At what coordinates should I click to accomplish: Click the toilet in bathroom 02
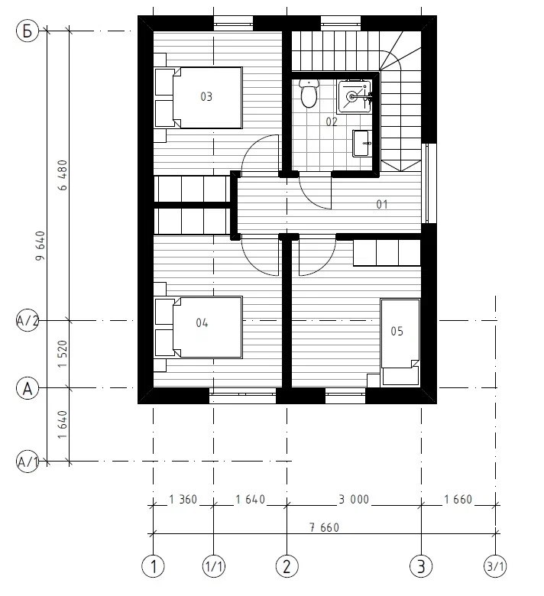click(x=309, y=93)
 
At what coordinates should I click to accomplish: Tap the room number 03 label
click(x=206, y=96)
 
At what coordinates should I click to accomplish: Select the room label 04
click(x=202, y=322)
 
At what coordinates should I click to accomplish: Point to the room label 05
click(x=397, y=331)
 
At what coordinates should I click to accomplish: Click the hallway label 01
click(x=382, y=205)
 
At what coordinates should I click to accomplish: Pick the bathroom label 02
click(x=332, y=121)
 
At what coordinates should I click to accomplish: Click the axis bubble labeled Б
click(x=28, y=31)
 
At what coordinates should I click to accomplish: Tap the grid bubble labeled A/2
click(x=28, y=321)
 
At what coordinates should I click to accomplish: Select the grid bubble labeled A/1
click(x=28, y=462)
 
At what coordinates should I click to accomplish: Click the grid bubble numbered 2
click(x=287, y=567)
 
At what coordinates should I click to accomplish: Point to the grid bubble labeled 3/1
click(x=495, y=567)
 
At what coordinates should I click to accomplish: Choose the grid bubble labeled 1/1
click(x=213, y=567)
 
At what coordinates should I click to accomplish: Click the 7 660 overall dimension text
click(x=324, y=527)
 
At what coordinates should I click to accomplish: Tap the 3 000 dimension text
click(x=354, y=499)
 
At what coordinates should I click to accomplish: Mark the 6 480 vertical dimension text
click(x=63, y=175)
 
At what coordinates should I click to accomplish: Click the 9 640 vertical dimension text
click(x=40, y=246)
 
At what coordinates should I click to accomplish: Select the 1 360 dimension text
click(x=183, y=499)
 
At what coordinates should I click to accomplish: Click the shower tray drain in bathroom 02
click(x=352, y=97)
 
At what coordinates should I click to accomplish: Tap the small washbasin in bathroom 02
click(x=361, y=144)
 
